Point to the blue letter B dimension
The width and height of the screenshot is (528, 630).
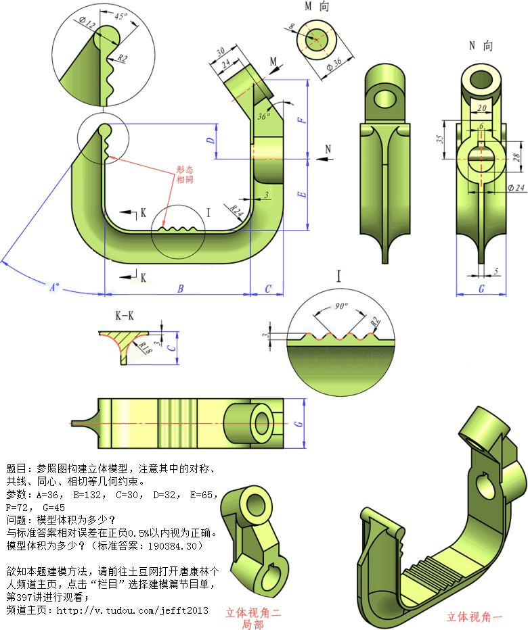click(180, 289)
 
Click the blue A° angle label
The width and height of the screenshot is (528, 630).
click(53, 286)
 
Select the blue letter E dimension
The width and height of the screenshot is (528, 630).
click(303, 195)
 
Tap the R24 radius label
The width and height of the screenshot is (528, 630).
click(236, 211)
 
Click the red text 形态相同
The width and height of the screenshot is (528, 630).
click(185, 175)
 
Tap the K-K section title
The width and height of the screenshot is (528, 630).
click(124, 315)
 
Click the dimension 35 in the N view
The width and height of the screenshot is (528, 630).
click(440, 139)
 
